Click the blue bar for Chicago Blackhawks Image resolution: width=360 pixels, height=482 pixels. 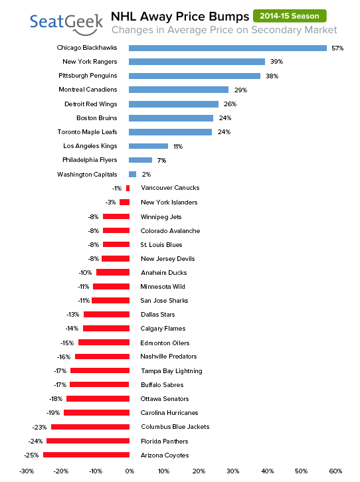click(228, 48)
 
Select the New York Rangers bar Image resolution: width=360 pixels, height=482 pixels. click(197, 62)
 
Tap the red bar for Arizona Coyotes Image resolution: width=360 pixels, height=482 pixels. click(86, 455)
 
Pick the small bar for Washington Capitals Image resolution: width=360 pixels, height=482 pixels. click(132, 175)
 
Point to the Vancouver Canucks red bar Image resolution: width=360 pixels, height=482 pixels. click(128, 188)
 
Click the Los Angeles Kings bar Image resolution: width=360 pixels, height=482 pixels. click(149, 146)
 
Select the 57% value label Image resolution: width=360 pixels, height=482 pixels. click(337, 48)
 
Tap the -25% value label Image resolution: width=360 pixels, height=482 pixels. click(31, 455)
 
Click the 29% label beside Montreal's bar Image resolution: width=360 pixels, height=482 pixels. click(240, 90)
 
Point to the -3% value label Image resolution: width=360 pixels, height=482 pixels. click(111, 202)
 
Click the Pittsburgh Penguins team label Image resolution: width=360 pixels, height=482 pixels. click(88, 76)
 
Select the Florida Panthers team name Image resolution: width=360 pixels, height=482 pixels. click(165, 441)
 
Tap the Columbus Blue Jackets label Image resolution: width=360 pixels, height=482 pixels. click(175, 427)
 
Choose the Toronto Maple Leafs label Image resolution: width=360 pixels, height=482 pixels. click(87, 132)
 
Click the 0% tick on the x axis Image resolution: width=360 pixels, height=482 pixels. click(130, 471)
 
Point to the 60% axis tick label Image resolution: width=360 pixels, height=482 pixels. click(335, 471)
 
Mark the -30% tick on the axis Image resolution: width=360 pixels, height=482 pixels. click(27, 471)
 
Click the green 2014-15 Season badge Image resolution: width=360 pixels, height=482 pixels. click(290, 16)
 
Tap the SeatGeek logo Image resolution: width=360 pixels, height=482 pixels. click(66, 24)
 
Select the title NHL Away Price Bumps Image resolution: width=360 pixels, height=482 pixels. click(180, 17)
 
